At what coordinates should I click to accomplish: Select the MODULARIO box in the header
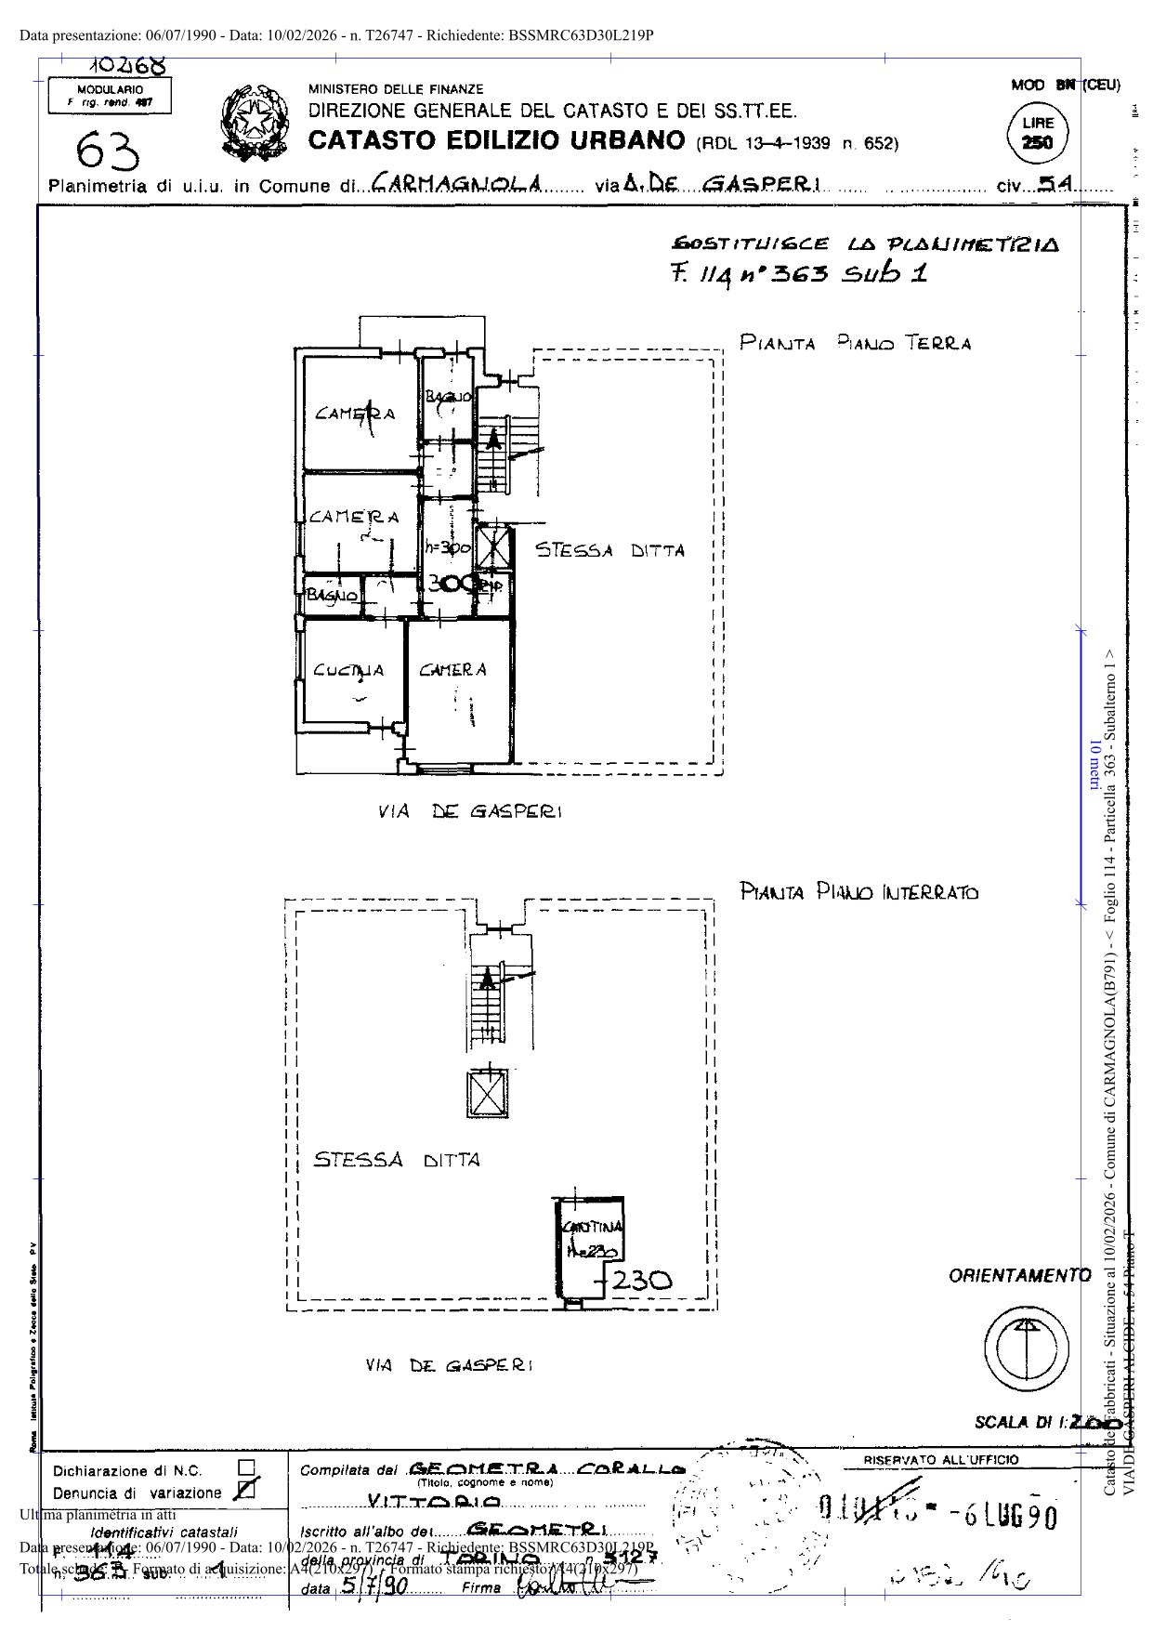click(x=110, y=96)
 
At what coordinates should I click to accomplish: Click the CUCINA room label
click(x=347, y=670)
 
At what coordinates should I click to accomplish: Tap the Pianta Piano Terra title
click(x=854, y=343)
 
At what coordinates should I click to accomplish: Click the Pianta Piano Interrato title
click(x=858, y=893)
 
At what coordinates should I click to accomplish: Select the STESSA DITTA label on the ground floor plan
click(x=609, y=550)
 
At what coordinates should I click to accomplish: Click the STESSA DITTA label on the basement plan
click(x=397, y=1160)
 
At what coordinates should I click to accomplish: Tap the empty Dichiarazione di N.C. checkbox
click(x=246, y=1467)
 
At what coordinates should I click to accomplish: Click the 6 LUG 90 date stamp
click(x=1005, y=1516)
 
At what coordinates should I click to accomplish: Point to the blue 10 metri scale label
click(x=1094, y=768)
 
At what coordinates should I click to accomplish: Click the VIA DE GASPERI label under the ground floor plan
click(x=469, y=811)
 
